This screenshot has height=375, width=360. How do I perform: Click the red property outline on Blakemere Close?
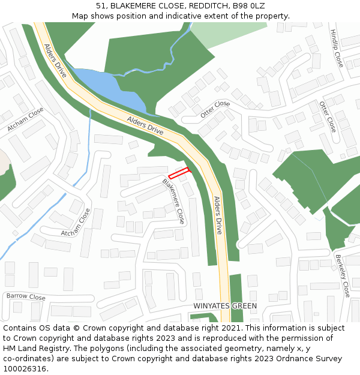click(x=179, y=173)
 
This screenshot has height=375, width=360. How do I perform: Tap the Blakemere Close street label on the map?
click(x=173, y=200)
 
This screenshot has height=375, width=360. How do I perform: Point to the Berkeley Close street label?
click(x=343, y=275)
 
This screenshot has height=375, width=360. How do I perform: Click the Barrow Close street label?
click(x=26, y=297)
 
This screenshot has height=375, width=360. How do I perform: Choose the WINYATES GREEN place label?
click(x=225, y=306)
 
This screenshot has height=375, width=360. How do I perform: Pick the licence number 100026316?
click(x=25, y=369)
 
